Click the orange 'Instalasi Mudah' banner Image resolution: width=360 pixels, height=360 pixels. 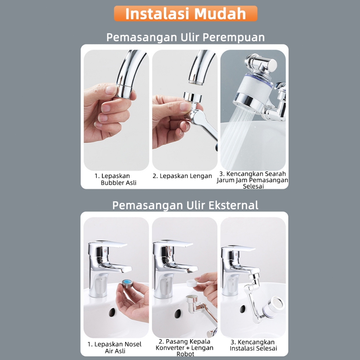pyautogui.click(x=186, y=14)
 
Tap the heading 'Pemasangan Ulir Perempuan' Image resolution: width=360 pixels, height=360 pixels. pyautogui.click(x=186, y=37)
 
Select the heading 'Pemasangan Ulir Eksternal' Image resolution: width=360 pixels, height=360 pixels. pyautogui.click(x=185, y=205)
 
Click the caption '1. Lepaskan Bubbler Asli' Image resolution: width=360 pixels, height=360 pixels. pyautogui.click(x=115, y=179)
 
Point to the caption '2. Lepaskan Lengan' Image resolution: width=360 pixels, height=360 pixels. pyautogui.click(x=182, y=176)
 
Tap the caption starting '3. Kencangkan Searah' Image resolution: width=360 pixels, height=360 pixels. pyautogui.click(x=252, y=180)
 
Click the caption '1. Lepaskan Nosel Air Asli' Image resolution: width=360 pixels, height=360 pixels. pyautogui.click(x=115, y=347)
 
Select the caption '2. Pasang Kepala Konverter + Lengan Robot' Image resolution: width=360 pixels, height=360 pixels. pyautogui.click(x=185, y=348)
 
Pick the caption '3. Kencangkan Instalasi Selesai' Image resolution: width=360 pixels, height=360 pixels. pyautogui.click(x=253, y=345)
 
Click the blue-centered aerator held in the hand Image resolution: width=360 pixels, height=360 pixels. pyautogui.click(x=127, y=283)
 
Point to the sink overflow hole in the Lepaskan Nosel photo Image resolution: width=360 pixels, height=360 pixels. pyautogui.click(x=112, y=313)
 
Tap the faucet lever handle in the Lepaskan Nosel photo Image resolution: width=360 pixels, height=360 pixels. pyautogui.click(x=108, y=244)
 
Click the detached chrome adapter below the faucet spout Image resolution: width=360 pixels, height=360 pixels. pyautogui.click(x=193, y=97)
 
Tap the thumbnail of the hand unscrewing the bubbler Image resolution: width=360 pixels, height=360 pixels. pyautogui.click(x=116, y=110)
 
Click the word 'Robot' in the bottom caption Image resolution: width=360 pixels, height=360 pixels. pyautogui.click(x=185, y=354)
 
